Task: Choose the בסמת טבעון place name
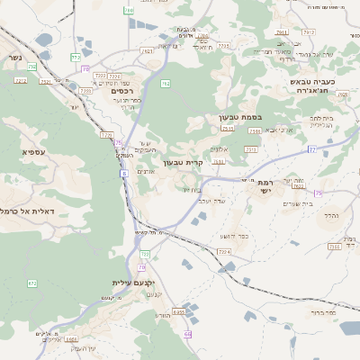pyautogui.click(x=239, y=118)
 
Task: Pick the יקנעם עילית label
pyautogui.click(x=135, y=283)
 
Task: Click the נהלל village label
pyautogui.click(x=330, y=216)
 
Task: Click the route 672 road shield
pyautogui.click(x=32, y=283)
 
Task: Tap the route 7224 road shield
pyautogui.click(x=225, y=252)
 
